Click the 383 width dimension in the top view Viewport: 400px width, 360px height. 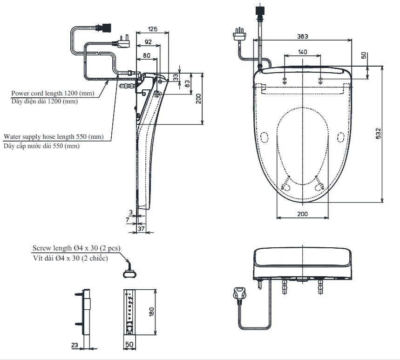[x=303, y=36]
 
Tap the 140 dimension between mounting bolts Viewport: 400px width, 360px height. [x=302, y=52]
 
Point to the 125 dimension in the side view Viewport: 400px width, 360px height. [x=152, y=29]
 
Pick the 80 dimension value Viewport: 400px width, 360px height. [x=146, y=55]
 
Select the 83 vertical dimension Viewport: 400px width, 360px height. [x=187, y=84]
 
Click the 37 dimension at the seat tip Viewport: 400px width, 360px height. [x=142, y=229]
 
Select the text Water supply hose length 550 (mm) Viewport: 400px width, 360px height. [x=53, y=137]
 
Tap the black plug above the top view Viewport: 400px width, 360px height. [x=260, y=10]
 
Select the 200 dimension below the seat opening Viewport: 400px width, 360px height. [x=302, y=214]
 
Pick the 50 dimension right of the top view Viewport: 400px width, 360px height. [x=364, y=55]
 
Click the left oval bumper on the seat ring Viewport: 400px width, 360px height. [x=264, y=137]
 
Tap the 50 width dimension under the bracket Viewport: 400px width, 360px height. [x=129, y=346]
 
